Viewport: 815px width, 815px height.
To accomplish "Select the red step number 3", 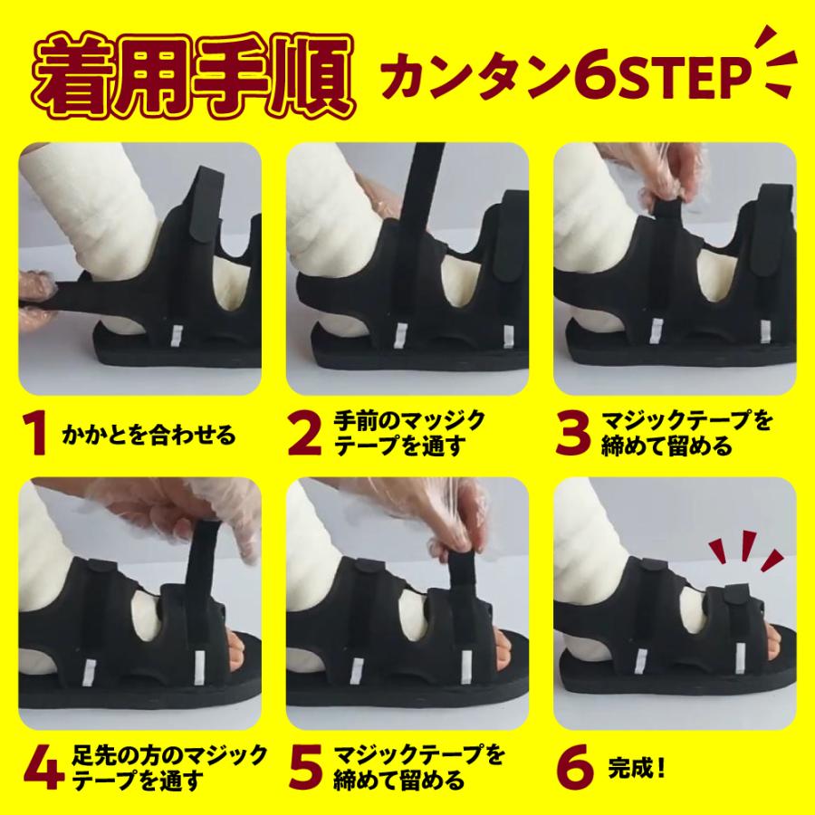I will point(572,435).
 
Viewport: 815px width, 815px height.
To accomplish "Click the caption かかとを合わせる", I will point(148,436).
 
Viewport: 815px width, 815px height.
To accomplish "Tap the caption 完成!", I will point(632,766).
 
